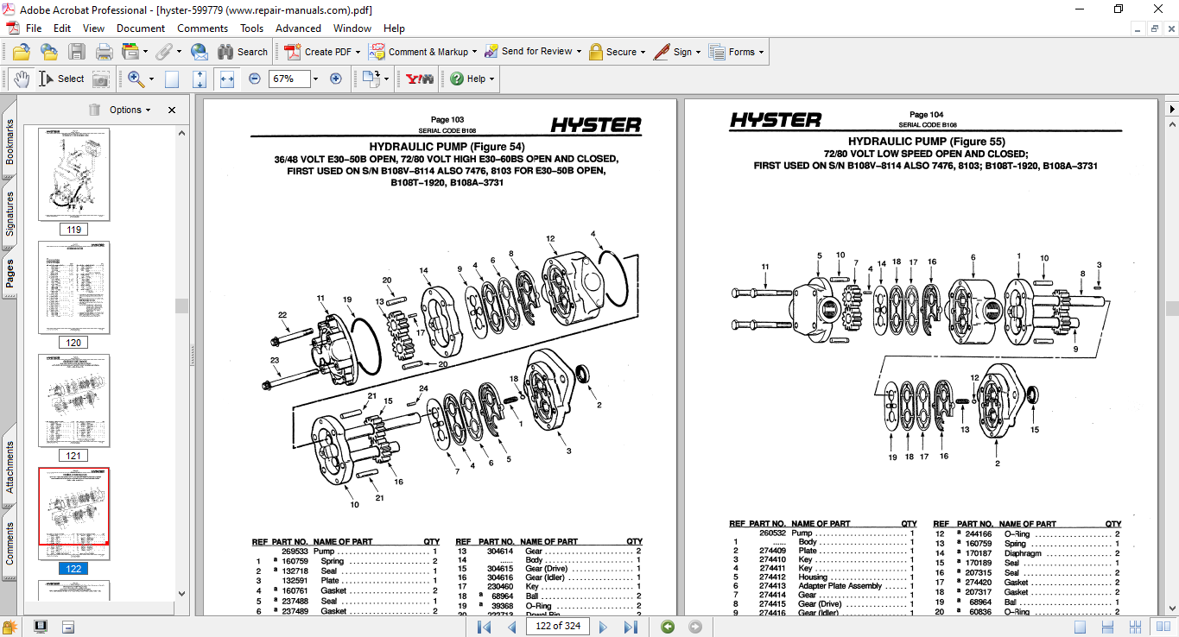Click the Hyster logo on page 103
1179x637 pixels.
tap(596, 125)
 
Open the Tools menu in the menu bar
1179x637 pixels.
tap(252, 28)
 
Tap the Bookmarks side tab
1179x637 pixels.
tap(10, 142)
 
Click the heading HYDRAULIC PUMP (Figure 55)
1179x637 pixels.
tap(926, 142)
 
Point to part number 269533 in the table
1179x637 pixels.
tap(295, 551)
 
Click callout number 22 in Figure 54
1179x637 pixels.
tap(282, 315)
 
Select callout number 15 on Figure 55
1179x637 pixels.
tap(1035, 430)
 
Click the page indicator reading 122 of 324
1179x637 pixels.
tap(558, 626)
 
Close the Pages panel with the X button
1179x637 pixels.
tap(172, 110)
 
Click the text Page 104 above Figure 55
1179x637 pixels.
tap(926, 115)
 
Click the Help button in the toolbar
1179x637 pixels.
tap(472, 79)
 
